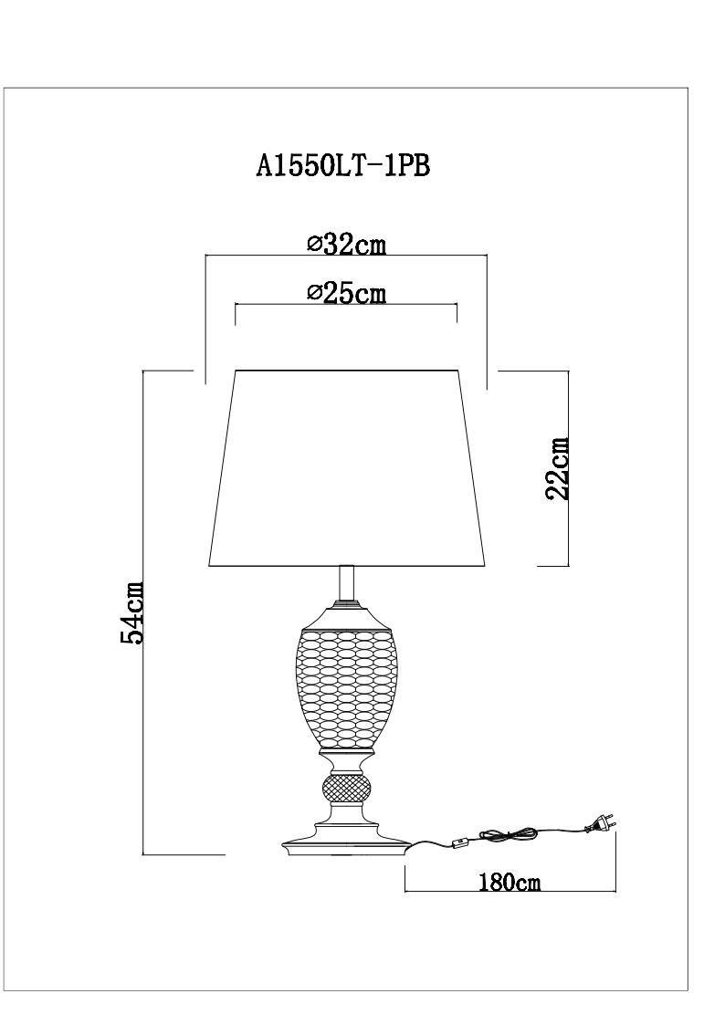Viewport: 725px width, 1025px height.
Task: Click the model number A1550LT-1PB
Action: point(342,166)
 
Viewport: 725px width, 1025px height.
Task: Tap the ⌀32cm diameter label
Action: point(347,245)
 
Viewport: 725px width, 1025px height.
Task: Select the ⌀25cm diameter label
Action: point(347,293)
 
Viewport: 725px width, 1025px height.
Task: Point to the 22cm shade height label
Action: point(558,469)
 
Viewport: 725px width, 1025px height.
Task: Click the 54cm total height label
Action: point(132,612)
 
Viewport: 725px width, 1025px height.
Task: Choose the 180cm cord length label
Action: point(510,883)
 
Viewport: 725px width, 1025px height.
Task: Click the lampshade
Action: point(347,468)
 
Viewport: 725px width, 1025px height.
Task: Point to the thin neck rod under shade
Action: point(347,584)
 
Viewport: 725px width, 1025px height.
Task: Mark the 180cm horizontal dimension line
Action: point(510,893)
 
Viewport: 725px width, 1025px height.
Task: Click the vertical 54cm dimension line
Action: point(143,612)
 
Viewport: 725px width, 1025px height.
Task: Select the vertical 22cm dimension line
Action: point(568,468)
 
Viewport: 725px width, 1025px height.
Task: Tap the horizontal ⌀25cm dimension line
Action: point(346,305)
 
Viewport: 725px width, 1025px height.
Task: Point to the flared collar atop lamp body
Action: point(347,614)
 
